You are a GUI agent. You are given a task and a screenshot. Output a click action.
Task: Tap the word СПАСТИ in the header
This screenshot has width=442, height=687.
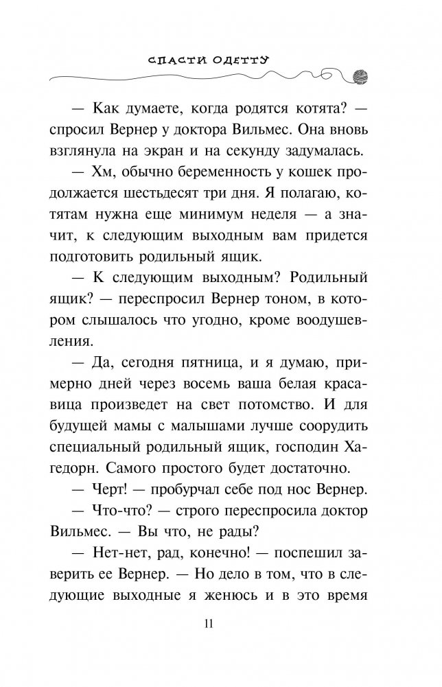pyautogui.click(x=174, y=60)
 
